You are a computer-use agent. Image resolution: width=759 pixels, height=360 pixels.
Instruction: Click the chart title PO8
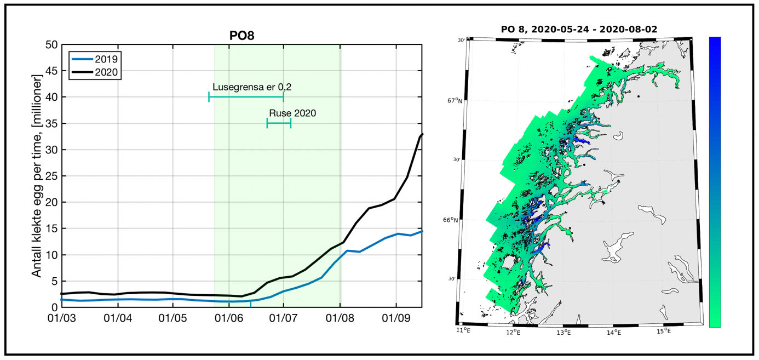click(x=242, y=36)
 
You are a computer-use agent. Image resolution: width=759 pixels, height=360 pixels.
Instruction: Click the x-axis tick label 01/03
click(x=62, y=318)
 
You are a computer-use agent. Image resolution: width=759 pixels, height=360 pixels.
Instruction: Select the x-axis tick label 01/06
click(x=228, y=318)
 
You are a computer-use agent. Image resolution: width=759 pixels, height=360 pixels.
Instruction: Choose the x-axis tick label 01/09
click(x=396, y=318)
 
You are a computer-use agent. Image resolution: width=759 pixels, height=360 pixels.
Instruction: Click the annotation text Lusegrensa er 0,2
click(x=248, y=87)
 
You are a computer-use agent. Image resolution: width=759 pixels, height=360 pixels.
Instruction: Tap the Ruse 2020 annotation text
click(x=292, y=113)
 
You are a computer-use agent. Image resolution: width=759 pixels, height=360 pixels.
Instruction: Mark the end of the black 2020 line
click(x=422, y=134)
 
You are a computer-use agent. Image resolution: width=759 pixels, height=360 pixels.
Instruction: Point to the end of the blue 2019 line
click(x=422, y=231)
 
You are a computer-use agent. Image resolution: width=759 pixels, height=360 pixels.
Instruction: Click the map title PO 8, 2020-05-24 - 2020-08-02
click(x=579, y=28)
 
